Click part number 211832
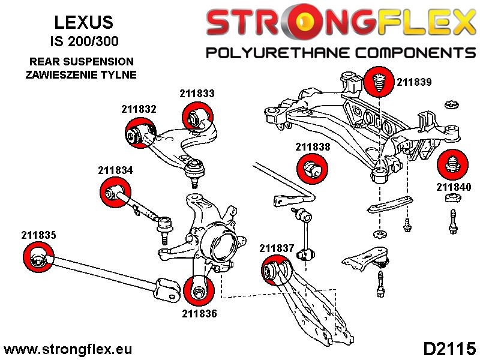pyautogui.click(x=139, y=109)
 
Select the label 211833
pyautogui.click(x=197, y=94)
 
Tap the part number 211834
pyautogui.click(x=115, y=170)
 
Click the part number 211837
pyautogui.click(x=277, y=247)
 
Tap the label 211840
pyautogui.click(x=454, y=187)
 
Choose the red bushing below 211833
pyautogui.click(x=197, y=116)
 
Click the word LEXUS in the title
pyautogui.click(x=83, y=23)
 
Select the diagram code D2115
pyautogui.click(x=449, y=349)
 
